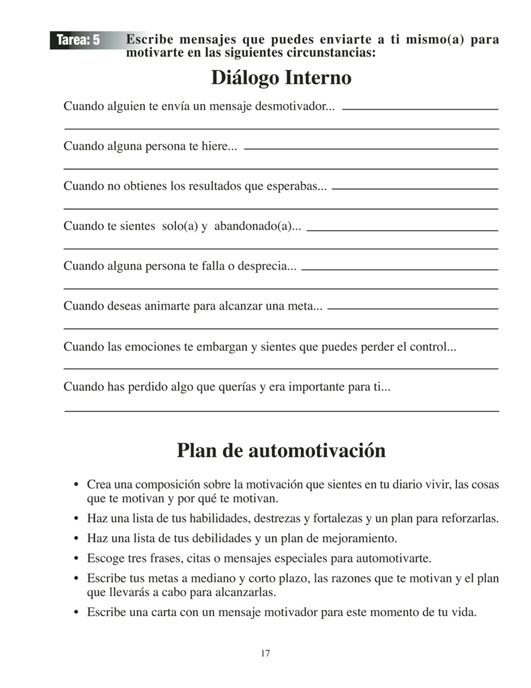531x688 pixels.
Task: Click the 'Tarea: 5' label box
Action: (79, 40)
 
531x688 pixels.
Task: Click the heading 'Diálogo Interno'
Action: (281, 78)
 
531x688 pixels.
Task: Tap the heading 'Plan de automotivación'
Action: (281, 450)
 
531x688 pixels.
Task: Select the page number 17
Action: (265, 653)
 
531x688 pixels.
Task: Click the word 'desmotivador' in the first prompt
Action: (300, 107)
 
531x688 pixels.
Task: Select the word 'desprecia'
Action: (266, 266)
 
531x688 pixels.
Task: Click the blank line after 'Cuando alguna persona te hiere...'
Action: (371, 148)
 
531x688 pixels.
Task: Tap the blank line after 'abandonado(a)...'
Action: (401, 230)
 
